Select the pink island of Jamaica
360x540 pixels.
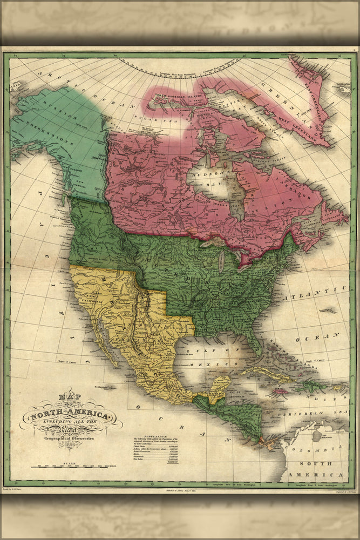point(281,391)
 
